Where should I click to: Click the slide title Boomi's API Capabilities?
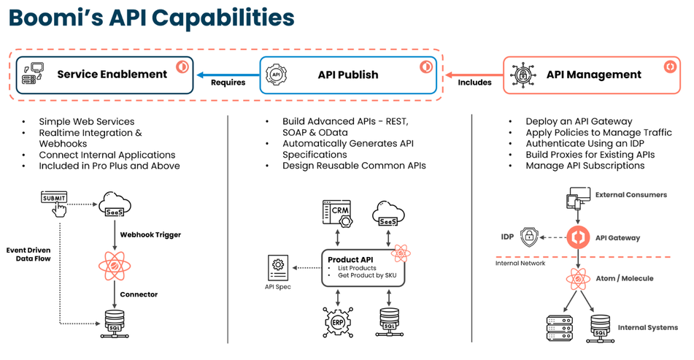(x=152, y=18)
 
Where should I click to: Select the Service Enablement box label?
(x=112, y=74)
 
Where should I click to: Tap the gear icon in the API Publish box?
(x=277, y=74)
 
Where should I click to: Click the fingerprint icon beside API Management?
(x=522, y=74)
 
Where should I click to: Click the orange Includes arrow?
(x=474, y=74)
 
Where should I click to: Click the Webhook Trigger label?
(x=150, y=235)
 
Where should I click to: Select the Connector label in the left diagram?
(x=139, y=294)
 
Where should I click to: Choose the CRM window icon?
(x=338, y=211)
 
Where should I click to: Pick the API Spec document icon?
(x=278, y=268)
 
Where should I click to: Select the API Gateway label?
(x=617, y=237)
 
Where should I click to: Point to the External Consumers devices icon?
(x=579, y=199)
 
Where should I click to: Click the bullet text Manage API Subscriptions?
(x=585, y=166)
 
